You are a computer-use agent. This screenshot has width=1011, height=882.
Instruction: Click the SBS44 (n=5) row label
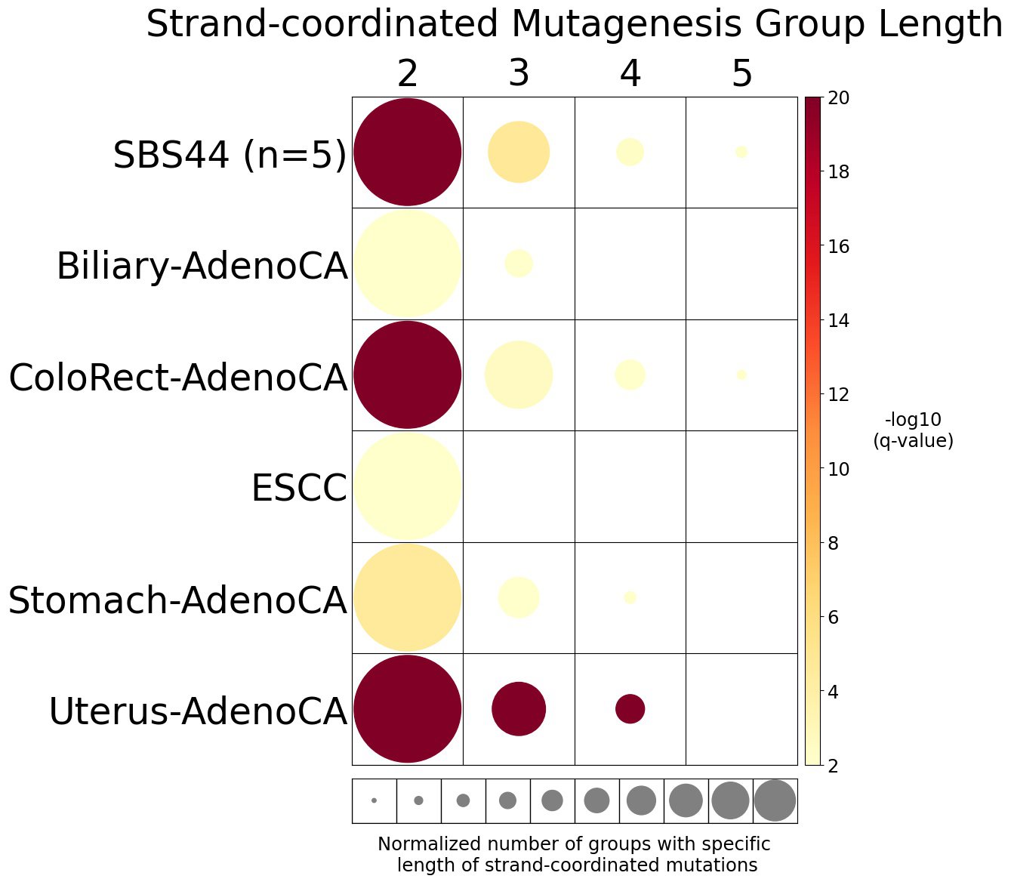click(230, 156)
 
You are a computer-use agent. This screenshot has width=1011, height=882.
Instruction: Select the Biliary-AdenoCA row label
click(202, 267)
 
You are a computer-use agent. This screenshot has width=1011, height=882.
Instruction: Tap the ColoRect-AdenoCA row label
click(178, 378)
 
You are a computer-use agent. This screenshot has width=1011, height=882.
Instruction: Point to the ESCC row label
click(299, 488)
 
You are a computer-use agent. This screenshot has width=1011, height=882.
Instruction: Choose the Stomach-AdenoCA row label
click(177, 601)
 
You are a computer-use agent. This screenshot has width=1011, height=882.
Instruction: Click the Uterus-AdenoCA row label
click(198, 712)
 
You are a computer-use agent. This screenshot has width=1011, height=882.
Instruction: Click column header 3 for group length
click(519, 74)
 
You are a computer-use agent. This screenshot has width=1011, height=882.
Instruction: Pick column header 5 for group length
click(742, 74)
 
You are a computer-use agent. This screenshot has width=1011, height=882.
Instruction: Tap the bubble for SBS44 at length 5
click(741, 152)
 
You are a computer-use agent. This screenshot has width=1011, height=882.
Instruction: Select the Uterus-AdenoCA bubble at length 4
click(630, 709)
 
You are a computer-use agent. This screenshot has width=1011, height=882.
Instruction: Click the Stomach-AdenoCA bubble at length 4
click(630, 597)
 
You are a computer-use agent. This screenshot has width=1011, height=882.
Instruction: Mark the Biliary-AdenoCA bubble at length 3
click(519, 264)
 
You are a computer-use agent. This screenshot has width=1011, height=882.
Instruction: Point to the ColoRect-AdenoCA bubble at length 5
click(741, 375)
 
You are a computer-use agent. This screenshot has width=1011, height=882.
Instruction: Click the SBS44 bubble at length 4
click(630, 152)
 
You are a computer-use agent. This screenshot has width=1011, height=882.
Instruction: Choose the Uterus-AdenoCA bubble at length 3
click(519, 709)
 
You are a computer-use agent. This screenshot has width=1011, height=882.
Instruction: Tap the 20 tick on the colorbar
click(838, 98)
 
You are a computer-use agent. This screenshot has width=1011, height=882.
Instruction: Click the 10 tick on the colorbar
click(838, 469)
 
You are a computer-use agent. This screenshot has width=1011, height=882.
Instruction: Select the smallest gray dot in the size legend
click(374, 800)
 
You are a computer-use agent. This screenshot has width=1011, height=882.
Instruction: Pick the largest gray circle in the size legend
click(775, 800)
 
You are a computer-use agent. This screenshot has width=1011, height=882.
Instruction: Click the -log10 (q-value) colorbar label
click(913, 430)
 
